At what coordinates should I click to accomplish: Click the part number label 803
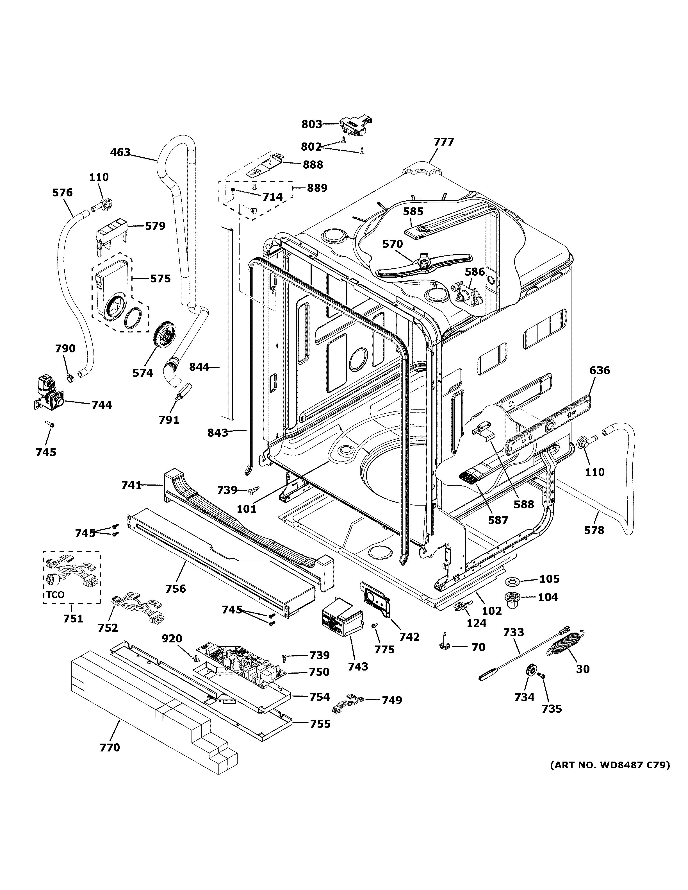[x=311, y=124]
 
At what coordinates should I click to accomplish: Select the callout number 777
[x=443, y=142]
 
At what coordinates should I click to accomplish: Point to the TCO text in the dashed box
[x=55, y=595]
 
